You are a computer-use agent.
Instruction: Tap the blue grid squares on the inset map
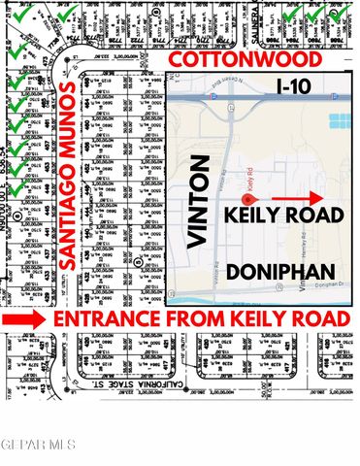(339, 123)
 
